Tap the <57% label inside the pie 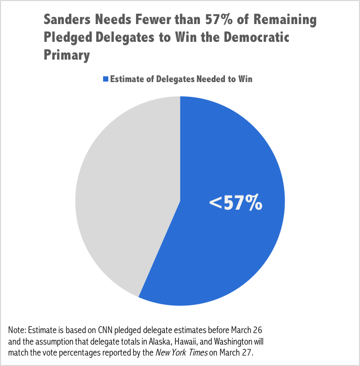click(x=235, y=203)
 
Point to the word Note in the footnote click(x=17, y=330)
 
